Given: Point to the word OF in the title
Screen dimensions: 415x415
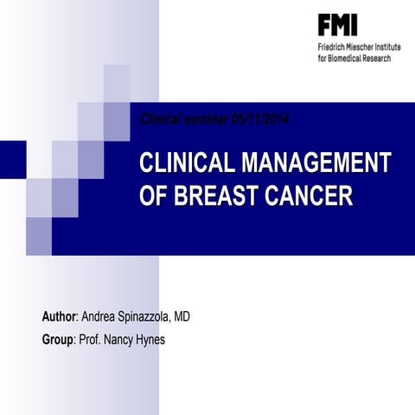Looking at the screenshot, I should pyautogui.click(x=153, y=195).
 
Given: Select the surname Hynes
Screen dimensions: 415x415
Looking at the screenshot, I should pyautogui.click(x=148, y=340).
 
